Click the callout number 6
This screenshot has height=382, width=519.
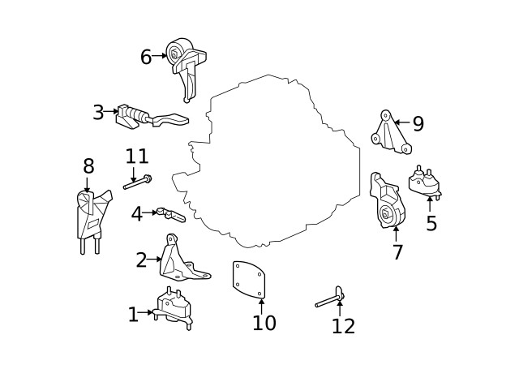(146, 57)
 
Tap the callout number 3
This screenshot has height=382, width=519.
(98, 112)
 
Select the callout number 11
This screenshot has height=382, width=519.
(137, 156)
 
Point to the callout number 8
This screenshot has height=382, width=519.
(88, 165)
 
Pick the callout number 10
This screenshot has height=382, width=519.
(264, 323)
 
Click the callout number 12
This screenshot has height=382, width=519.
(343, 326)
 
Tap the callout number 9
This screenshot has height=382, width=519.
(418, 123)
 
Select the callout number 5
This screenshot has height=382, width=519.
(431, 223)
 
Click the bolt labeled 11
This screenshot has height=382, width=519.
(137, 182)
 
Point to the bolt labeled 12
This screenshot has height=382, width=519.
(329, 298)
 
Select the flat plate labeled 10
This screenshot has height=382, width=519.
(249, 280)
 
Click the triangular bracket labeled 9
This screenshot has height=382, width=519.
(392, 133)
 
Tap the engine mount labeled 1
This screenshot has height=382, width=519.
(172, 308)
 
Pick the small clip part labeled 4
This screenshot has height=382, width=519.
(171, 214)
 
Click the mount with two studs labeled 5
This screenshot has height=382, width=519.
(425, 183)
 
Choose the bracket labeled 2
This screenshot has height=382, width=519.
(182, 260)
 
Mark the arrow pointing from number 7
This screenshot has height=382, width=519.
(396, 234)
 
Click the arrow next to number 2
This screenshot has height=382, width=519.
(154, 260)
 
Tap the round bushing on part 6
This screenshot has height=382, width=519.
(175, 53)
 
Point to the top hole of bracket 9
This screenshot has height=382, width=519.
(385, 115)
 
